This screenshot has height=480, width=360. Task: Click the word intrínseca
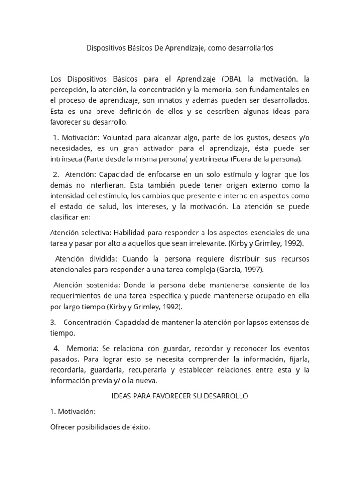pos(67,159)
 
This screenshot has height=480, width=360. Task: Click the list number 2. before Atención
pos(57,175)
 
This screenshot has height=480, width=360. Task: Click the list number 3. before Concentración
pos(53,323)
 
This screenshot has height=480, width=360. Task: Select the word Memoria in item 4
pos(82,349)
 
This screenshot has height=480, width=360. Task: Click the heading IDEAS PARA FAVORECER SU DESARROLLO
pos(180,396)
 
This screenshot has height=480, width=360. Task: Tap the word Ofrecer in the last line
pos(62,427)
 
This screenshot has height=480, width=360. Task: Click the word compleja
pos(199,270)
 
